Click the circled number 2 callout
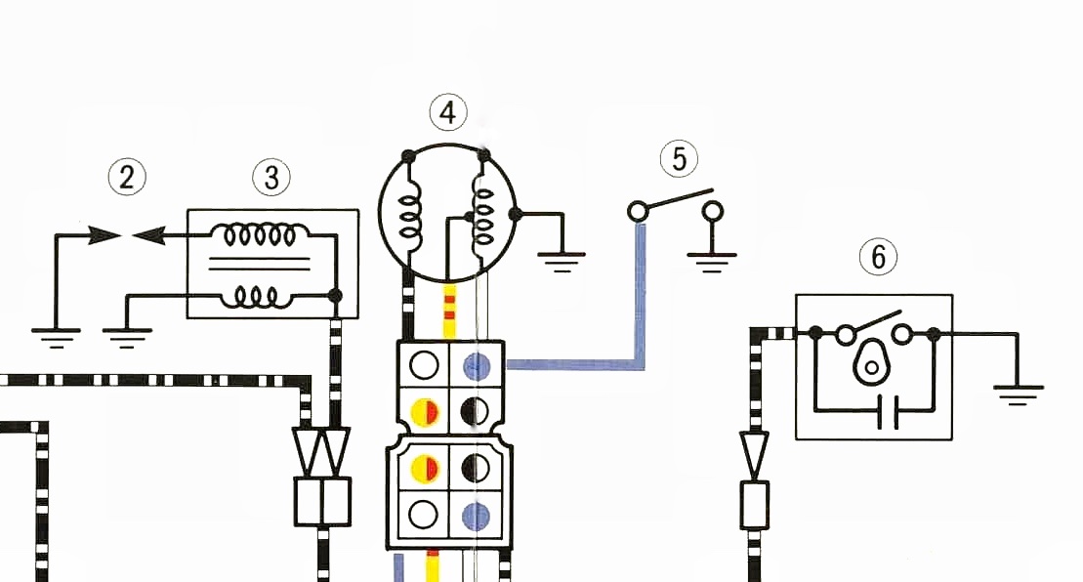(127, 177)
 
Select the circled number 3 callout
(271, 177)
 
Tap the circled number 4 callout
(447, 112)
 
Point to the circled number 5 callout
(680, 156)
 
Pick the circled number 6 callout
(878, 257)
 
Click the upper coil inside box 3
(259, 235)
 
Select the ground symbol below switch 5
(713, 258)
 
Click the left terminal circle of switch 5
(639, 211)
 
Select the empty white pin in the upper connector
(424, 365)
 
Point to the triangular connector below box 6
(755, 452)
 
